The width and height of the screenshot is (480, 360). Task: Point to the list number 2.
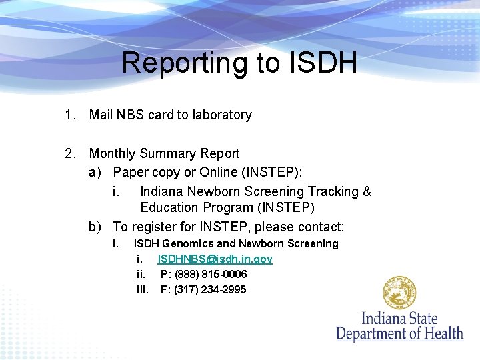69,153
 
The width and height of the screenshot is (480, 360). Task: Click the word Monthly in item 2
113,153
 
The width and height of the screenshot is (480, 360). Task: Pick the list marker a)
95,172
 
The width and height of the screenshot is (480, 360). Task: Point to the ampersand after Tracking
367,191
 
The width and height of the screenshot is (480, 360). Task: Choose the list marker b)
95,227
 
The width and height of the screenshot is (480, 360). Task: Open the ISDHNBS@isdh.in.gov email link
215,259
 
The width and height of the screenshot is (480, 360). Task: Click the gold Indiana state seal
399,293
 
